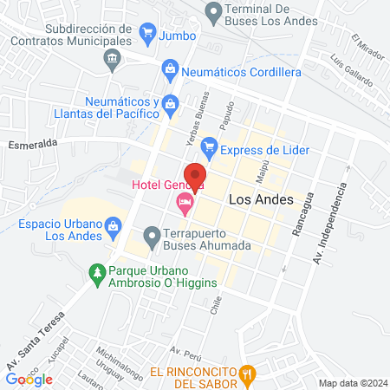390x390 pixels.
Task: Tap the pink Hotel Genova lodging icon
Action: [184, 205]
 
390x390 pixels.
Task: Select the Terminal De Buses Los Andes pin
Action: [212, 12]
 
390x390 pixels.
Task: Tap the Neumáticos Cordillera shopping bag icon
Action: [170, 69]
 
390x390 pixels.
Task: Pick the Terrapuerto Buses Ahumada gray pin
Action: [152, 235]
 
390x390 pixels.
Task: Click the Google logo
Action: [29, 378]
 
